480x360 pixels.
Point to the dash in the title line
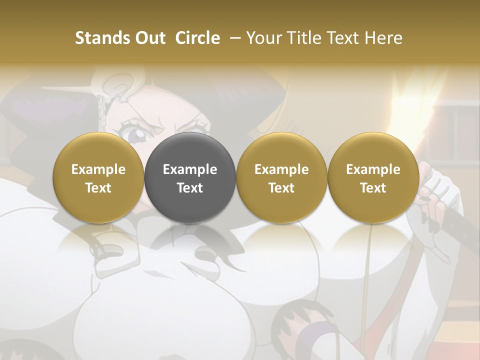[x=234, y=38]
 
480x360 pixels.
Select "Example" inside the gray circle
[x=190, y=169]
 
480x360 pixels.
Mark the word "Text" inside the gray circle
[x=190, y=188]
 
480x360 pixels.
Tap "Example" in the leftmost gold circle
[x=98, y=169]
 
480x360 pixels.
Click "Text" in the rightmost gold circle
[x=373, y=188]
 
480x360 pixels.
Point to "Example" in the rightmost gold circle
[x=373, y=169]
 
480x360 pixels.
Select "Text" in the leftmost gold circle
[x=98, y=188]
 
